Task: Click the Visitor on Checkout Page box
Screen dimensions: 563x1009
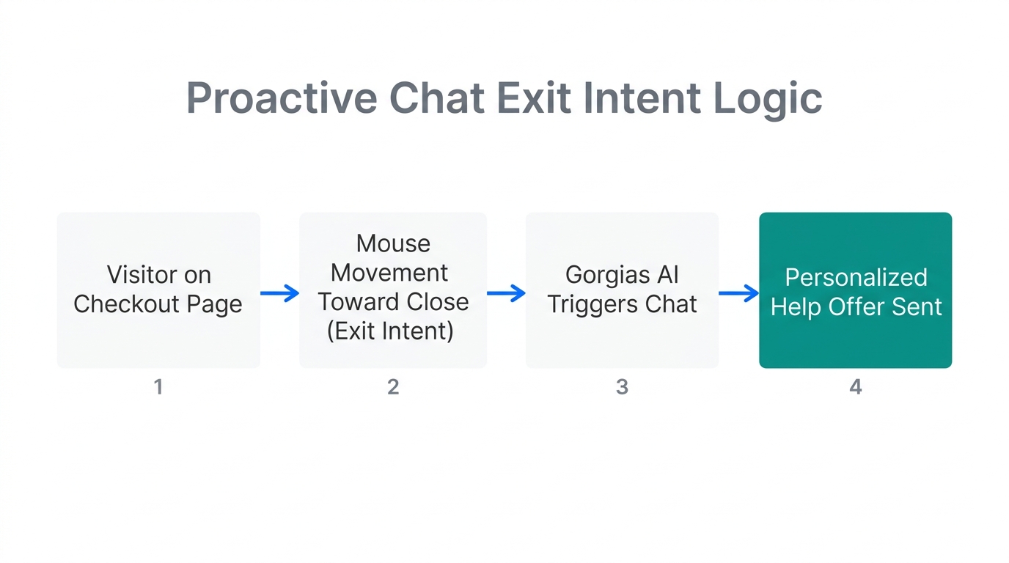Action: click(x=158, y=290)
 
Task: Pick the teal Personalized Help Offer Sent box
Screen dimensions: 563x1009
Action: click(x=855, y=290)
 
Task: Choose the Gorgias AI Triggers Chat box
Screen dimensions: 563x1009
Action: click(x=622, y=290)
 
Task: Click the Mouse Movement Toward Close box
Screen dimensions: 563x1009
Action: click(x=393, y=290)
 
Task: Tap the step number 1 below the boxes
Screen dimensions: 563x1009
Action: click(x=158, y=386)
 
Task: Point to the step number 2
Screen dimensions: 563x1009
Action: click(x=393, y=386)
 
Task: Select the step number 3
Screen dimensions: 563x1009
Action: click(x=622, y=386)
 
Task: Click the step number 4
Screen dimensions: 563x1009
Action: click(x=855, y=386)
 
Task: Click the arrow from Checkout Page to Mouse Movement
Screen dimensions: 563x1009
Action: click(x=280, y=294)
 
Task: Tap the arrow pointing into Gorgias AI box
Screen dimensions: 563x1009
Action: click(x=507, y=294)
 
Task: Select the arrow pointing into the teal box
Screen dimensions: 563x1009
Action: click(x=738, y=294)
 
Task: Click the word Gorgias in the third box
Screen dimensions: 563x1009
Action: click(x=597, y=276)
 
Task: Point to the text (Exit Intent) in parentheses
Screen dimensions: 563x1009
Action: click(x=390, y=331)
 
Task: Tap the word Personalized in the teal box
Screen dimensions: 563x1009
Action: click(x=856, y=278)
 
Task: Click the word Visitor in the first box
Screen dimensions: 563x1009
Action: click(x=142, y=275)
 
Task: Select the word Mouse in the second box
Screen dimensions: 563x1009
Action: click(x=393, y=243)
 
